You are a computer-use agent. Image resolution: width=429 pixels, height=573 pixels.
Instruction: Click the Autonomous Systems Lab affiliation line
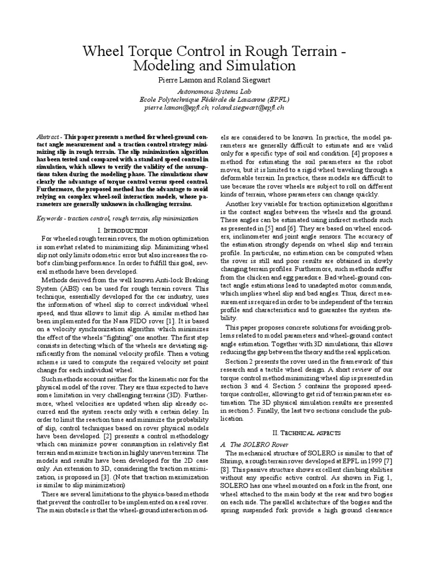[x=214, y=90]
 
